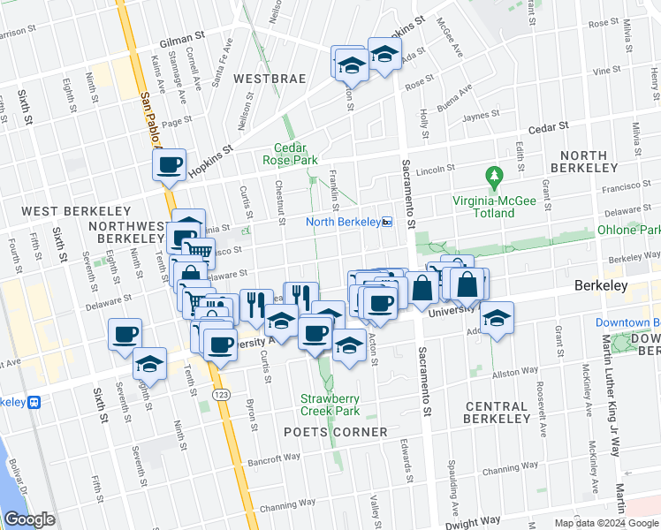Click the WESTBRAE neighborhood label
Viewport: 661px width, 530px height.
coord(270,79)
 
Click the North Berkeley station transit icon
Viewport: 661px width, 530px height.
coord(387,223)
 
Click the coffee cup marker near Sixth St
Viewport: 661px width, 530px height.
coord(125,335)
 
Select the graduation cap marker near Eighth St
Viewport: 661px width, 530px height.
coord(150,364)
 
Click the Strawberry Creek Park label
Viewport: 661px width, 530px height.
coord(330,405)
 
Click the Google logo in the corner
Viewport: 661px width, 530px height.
coord(29,519)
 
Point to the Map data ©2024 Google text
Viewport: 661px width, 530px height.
coord(605,523)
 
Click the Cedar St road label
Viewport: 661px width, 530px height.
coord(551,127)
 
